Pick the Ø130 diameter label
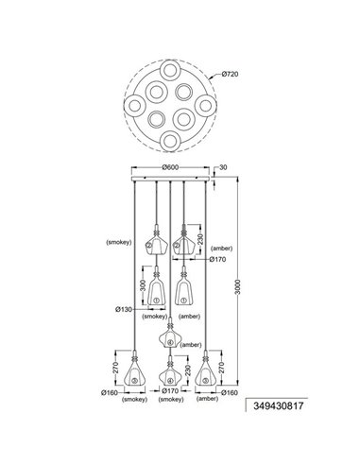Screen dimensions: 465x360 (121, 309)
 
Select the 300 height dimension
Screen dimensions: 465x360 (143, 284)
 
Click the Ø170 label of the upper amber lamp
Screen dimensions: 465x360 (218, 258)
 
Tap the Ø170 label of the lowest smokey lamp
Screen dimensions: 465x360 (170, 390)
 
